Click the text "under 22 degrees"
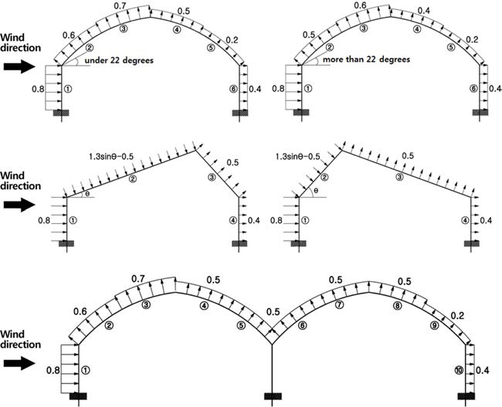[119, 60]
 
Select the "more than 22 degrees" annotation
[366, 59]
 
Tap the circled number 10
[459, 371]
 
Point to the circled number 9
[434, 325]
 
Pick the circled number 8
[397, 306]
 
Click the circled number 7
[339, 304]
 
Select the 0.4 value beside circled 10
[483, 371]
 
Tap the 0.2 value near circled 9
[457, 316]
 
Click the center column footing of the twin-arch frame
[273, 396]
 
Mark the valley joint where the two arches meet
[272, 344]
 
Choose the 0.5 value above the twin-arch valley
[273, 312]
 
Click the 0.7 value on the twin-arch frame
[138, 279]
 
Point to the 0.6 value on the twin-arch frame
[80, 311]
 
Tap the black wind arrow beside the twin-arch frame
[19, 364]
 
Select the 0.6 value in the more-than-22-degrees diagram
[361, 5]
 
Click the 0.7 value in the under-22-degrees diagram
[120, 5]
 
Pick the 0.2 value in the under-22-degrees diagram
[232, 40]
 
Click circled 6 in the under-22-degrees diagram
[234, 89]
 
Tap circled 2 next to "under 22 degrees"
[90, 48]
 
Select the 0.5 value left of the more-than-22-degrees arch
[309, 35]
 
